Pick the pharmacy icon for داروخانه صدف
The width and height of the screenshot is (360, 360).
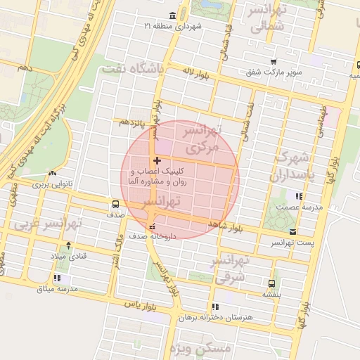point(153,226)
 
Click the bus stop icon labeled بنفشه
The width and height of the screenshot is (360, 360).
point(271,283)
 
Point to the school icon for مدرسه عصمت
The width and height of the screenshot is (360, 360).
point(300,197)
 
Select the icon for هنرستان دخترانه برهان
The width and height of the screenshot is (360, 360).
point(215,307)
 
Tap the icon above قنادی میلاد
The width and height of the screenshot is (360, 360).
point(68,245)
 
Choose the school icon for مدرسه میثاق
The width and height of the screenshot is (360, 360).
point(56,278)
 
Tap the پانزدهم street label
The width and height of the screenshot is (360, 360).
point(132,123)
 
